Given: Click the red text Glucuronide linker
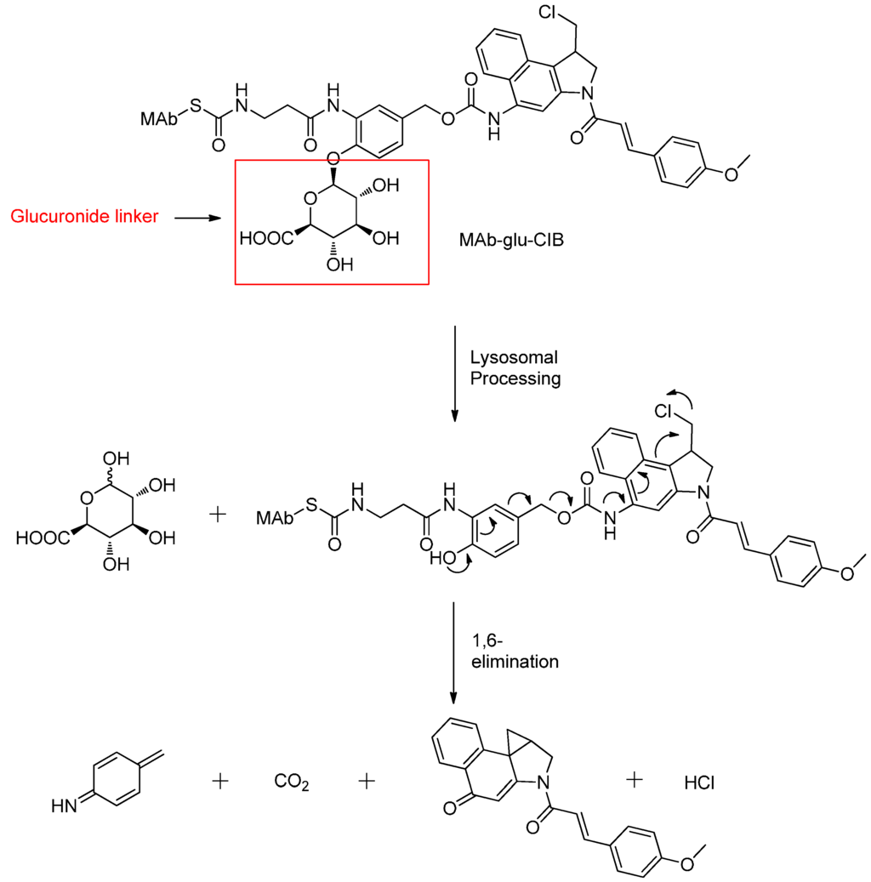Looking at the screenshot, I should click(x=84, y=217).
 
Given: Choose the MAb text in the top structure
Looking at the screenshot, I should click(x=158, y=117).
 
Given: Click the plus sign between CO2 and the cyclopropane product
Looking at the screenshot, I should click(x=367, y=780).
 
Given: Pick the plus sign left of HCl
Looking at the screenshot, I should click(x=635, y=779).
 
